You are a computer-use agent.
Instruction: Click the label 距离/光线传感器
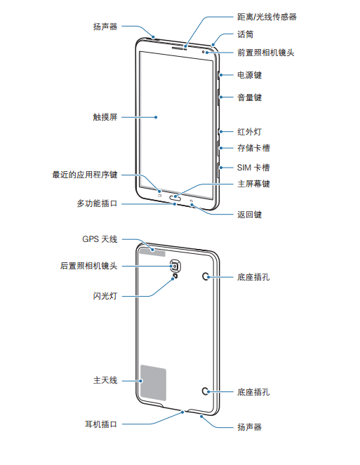[x=267, y=17]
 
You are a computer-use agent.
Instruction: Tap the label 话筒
[x=245, y=34]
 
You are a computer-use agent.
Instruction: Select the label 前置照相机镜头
[x=266, y=53]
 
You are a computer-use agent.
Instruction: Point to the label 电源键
[x=249, y=75]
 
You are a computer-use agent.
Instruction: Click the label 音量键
[x=249, y=97]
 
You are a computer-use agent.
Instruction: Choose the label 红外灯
[x=249, y=132]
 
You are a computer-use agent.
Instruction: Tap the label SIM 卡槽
[x=253, y=168]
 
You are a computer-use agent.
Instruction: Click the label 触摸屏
[x=105, y=117]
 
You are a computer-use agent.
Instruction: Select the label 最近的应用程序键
[x=85, y=175]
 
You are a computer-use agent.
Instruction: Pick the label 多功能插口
[x=97, y=203]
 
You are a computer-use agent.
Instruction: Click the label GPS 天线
[x=100, y=239]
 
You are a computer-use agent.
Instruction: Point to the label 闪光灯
[x=105, y=296]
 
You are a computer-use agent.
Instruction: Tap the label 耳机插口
[x=101, y=424]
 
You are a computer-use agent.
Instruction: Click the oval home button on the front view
[x=175, y=197]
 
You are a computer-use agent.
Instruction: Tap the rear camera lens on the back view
[x=175, y=266]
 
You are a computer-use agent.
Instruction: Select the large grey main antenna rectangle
[x=153, y=382]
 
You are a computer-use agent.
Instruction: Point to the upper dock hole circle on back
[x=206, y=277]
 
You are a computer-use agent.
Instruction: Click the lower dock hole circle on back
[x=206, y=391]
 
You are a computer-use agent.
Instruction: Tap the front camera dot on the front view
[x=204, y=52]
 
